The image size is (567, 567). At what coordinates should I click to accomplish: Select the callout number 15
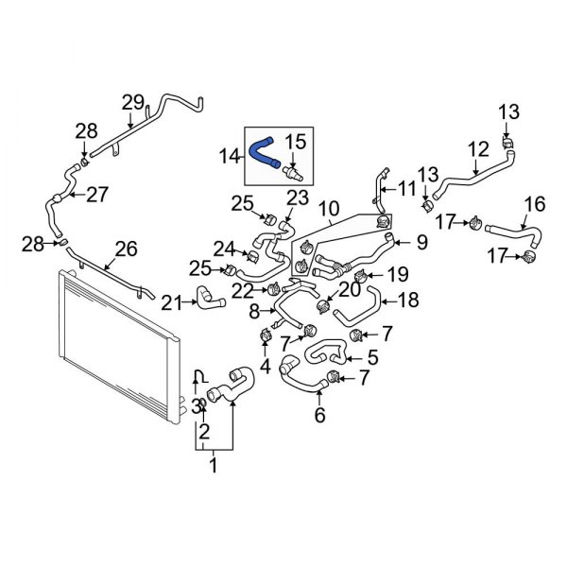point(296,142)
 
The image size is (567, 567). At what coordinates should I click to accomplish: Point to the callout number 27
point(97,196)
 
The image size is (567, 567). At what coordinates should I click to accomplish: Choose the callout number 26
point(126,249)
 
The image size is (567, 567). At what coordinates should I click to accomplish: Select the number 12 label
point(478,148)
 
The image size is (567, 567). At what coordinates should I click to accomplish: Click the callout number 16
point(534,203)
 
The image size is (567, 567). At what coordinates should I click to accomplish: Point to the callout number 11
point(407,189)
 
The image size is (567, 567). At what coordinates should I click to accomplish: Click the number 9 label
point(421,242)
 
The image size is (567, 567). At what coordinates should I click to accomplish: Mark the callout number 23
point(298,197)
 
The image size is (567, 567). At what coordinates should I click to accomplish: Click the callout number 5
point(372,357)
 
